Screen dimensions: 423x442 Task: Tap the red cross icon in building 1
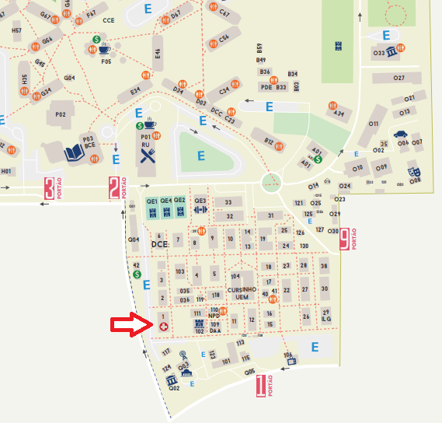tap(163, 327)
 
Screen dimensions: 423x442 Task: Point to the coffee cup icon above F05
tap(104, 49)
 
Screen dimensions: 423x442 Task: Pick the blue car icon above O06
tap(401, 134)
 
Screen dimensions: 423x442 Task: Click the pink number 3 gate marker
tap(50, 188)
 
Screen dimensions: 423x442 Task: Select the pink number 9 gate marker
tap(344, 238)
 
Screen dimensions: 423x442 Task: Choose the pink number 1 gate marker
tap(261, 385)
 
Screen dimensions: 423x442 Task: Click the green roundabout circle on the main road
tap(271, 183)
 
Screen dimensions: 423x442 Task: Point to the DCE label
tap(159, 243)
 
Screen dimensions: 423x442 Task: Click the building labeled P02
tap(60, 115)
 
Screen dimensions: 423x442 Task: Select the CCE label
tap(109, 20)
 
